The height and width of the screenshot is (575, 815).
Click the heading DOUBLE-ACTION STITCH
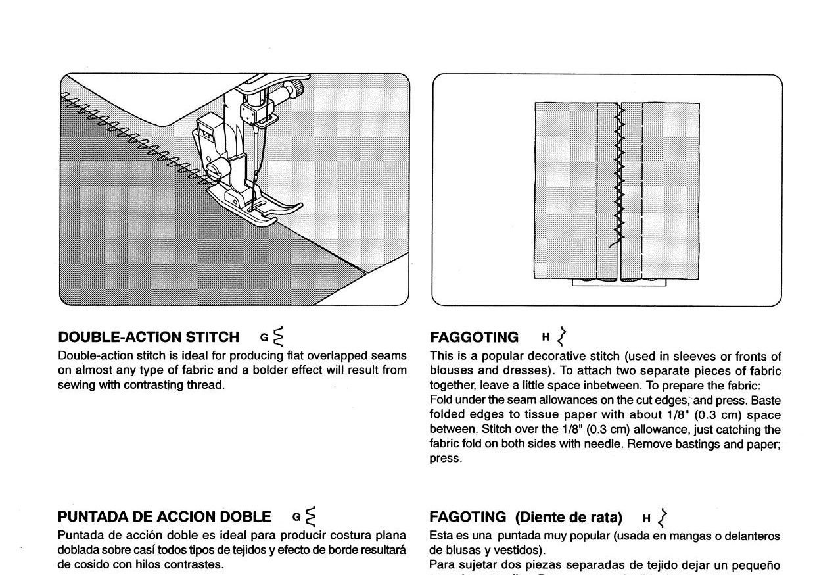(149, 337)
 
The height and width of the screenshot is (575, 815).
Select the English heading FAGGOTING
(474, 337)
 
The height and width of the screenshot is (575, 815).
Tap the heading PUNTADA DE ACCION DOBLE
(164, 516)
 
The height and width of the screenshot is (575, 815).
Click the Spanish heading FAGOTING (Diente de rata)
(526, 517)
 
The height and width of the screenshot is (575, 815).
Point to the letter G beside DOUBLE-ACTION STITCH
(264, 338)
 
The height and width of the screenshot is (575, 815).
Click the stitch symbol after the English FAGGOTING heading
(561, 336)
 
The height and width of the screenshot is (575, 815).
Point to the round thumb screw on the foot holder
(213, 173)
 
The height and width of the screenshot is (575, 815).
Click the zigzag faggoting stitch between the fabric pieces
(618, 178)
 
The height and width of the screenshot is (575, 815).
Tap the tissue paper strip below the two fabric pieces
(618, 282)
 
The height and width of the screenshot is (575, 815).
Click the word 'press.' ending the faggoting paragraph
(446, 459)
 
